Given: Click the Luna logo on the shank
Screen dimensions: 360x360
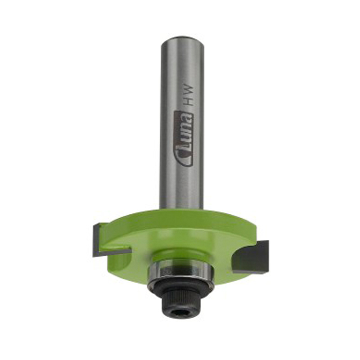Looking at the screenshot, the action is point(183,139).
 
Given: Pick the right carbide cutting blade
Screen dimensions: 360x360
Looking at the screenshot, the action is point(252,256).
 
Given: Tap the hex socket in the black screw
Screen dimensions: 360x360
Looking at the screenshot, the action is point(181,313).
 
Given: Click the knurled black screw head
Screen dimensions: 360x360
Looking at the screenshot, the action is point(181,306).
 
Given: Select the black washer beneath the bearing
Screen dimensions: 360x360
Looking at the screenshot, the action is point(180,288).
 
